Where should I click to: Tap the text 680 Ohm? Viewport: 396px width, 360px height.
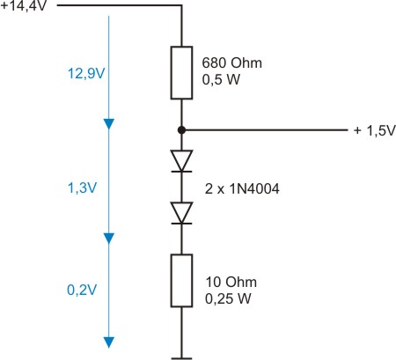pyautogui.click(x=227, y=64)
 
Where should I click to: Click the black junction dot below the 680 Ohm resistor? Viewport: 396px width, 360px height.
pyautogui.click(x=181, y=130)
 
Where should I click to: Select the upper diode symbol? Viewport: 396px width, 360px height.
pyautogui.click(x=181, y=160)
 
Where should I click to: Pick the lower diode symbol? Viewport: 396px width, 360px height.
pyautogui.click(x=181, y=212)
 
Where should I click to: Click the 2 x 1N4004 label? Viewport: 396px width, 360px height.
pyautogui.click(x=237, y=187)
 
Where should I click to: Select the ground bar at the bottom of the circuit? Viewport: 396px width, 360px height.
pyautogui.click(x=181, y=356)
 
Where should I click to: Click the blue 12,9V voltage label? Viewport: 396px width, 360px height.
pyautogui.click(x=85, y=73)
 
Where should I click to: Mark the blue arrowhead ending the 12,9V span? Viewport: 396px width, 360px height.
pyautogui.click(x=110, y=123)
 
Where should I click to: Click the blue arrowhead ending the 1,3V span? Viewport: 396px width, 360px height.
pyautogui.click(x=110, y=238)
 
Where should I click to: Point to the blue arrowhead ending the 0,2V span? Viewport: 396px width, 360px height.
pyautogui.click(x=110, y=342)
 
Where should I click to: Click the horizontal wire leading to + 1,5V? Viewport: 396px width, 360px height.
pyautogui.click(x=264, y=130)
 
